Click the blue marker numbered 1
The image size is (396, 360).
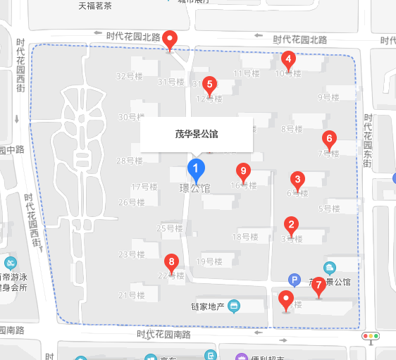(x=195, y=168)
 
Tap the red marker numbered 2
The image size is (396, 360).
(x=290, y=225)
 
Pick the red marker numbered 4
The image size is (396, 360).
(x=287, y=59)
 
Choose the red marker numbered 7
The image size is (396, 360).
(x=318, y=285)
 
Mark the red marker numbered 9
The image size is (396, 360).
(x=243, y=171)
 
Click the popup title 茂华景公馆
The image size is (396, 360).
(x=197, y=133)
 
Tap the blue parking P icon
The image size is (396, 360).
(x=295, y=279)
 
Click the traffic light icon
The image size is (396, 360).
(x=370, y=337)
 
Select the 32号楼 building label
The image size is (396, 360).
(x=130, y=76)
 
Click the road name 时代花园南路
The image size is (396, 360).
(x=163, y=335)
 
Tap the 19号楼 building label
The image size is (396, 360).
(x=209, y=261)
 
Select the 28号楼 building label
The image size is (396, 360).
(x=130, y=161)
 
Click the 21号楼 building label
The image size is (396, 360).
(x=132, y=295)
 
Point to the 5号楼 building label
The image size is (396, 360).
(x=329, y=209)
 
